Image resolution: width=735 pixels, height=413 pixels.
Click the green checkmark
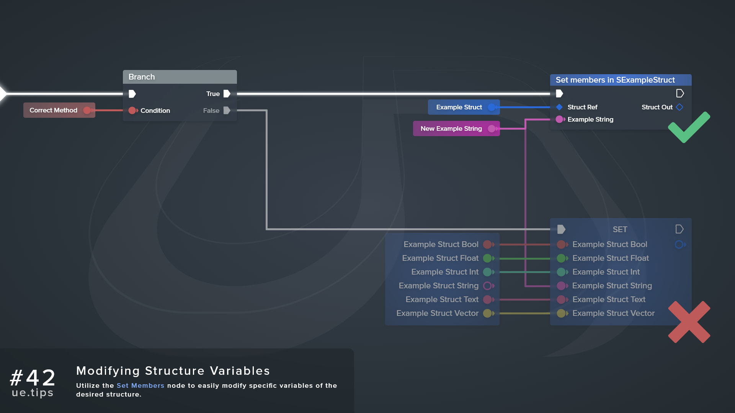pyautogui.click(x=688, y=128)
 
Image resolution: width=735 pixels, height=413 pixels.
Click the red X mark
pyautogui.click(x=689, y=322)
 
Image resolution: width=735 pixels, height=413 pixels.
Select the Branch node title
pyautogui.click(x=142, y=77)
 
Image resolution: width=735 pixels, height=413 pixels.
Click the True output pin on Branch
pyautogui.click(x=227, y=94)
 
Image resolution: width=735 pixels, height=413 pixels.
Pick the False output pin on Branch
pyautogui.click(x=227, y=111)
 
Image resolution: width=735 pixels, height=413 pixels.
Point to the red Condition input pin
pyautogui.click(x=132, y=111)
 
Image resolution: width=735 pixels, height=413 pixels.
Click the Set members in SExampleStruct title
pyautogui.click(x=615, y=80)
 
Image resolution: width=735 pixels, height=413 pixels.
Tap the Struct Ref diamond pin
pyautogui.click(x=559, y=107)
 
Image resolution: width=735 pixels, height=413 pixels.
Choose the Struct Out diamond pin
pyautogui.click(x=679, y=107)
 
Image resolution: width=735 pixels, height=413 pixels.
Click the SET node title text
pyautogui.click(x=620, y=229)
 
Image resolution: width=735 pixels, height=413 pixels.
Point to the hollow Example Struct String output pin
pyautogui.click(x=487, y=286)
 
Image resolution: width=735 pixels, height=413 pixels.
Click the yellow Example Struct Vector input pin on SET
pyautogui.click(x=561, y=313)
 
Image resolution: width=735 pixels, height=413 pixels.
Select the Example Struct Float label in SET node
pyautogui.click(x=610, y=258)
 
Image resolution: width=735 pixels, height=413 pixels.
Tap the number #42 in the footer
pyautogui.click(x=33, y=377)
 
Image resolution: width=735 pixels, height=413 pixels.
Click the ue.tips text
pyautogui.click(x=33, y=393)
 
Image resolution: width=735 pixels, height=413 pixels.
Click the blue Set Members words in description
pyautogui.click(x=140, y=385)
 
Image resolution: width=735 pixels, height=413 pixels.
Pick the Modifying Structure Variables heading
pyautogui.click(x=173, y=371)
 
